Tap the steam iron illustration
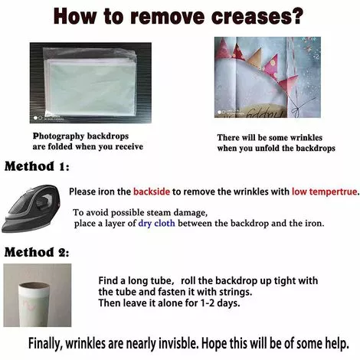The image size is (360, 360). click(31, 208)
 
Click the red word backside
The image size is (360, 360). click(152, 191)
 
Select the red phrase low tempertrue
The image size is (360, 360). click(325, 191)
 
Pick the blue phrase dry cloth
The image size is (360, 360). click(156, 223)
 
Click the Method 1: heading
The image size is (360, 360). click(37, 166)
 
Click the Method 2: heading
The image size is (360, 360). click(37, 252)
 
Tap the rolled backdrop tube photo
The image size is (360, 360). click(38, 296)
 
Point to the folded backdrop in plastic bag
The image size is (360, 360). click(90, 83)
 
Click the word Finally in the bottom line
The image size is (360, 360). click(45, 344)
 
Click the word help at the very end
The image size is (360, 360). click(337, 344)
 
